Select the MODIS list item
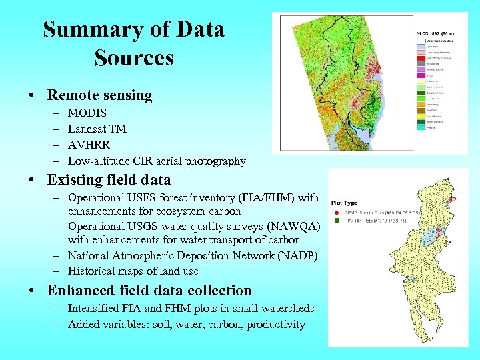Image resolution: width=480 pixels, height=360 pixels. [x=87, y=113]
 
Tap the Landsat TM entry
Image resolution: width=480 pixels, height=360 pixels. [x=97, y=129]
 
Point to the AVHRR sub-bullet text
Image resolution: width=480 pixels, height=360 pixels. [x=89, y=145]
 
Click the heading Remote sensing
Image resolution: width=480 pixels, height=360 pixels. [x=99, y=95]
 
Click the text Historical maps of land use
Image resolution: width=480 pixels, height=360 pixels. [x=133, y=271]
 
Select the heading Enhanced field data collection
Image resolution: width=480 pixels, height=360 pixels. [x=149, y=291]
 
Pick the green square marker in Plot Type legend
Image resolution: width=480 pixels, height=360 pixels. [x=339, y=219]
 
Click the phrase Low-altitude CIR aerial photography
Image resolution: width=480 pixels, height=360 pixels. [x=157, y=161]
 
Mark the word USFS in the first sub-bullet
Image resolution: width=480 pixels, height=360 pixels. [x=141, y=198]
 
